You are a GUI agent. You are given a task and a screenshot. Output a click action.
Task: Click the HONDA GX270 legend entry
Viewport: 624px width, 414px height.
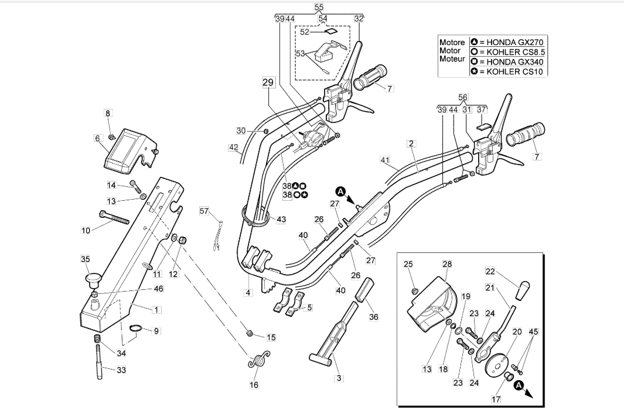[507, 42]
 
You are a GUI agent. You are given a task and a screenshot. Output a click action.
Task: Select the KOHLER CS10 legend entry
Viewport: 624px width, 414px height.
[507, 71]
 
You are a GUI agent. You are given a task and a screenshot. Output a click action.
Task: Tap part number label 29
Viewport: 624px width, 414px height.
[268, 83]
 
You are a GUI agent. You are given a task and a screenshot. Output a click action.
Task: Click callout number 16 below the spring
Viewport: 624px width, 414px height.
[254, 385]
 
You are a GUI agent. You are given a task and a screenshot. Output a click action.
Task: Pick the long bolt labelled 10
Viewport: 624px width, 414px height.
[114, 217]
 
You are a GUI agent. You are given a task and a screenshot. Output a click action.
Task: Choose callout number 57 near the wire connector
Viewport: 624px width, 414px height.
[204, 211]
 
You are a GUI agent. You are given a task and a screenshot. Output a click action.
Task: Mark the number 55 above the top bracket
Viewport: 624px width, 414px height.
[319, 7]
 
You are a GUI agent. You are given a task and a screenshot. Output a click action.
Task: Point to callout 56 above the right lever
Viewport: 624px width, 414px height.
[463, 97]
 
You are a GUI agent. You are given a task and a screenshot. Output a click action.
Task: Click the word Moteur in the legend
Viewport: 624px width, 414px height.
[452, 59]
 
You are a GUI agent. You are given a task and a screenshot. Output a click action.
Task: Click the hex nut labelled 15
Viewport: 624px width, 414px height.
[250, 333]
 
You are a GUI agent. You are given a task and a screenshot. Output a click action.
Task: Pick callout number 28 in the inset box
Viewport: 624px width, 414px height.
[447, 264]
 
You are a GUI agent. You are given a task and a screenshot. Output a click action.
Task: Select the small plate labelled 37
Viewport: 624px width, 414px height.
[482, 126]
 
